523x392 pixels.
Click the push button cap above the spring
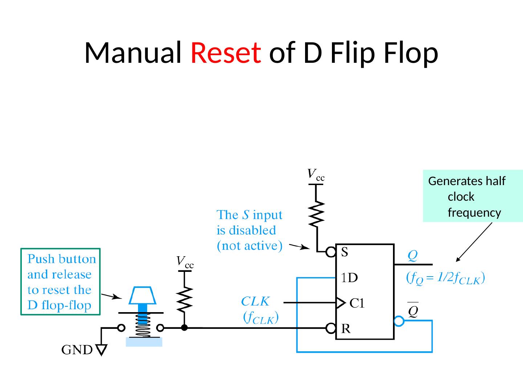(143, 295)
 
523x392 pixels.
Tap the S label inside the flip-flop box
(344, 252)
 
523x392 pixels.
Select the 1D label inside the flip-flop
(349, 278)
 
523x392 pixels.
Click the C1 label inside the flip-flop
(357, 303)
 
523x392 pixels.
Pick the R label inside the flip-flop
(346, 329)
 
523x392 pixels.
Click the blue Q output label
(412, 256)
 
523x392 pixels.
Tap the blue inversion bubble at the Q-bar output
(399, 321)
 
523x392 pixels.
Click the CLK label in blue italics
(255, 301)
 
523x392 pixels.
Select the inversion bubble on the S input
(331, 252)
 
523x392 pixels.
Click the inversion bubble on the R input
(331, 328)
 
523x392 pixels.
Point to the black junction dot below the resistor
(185, 328)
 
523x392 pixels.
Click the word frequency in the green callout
(474, 213)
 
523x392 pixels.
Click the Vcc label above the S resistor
(316, 175)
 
